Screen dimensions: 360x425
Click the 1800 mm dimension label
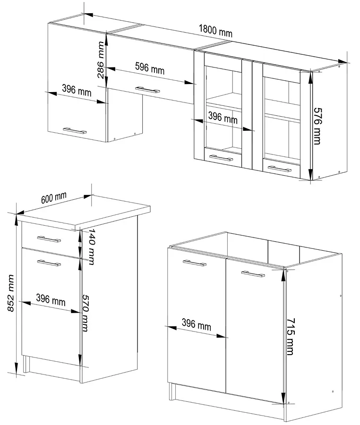tap(215, 31)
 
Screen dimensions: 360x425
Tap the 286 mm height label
tap(101, 60)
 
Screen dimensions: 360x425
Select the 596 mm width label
tap(150, 68)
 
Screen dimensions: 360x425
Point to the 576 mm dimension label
tap(317, 126)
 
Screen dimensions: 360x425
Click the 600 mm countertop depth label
tap(54, 198)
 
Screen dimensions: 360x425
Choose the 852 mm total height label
tap(10, 293)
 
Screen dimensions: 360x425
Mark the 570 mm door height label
tap(85, 313)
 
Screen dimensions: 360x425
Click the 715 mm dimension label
tap(290, 336)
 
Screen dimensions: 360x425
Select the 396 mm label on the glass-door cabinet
tap(223, 118)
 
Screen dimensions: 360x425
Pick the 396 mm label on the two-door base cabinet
tap(196, 324)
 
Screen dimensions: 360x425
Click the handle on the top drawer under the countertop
tap(49, 239)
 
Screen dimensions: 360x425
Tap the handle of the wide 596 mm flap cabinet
tap(147, 90)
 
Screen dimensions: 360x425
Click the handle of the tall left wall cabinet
tap(75, 131)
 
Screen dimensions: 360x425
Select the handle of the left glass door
tap(221, 158)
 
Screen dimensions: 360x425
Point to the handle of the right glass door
tap(280, 169)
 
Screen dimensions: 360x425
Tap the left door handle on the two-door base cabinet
tap(194, 263)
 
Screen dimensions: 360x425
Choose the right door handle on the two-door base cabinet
tap(253, 274)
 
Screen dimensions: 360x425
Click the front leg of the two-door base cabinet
tap(171, 391)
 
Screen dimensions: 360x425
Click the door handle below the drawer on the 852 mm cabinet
tap(49, 263)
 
